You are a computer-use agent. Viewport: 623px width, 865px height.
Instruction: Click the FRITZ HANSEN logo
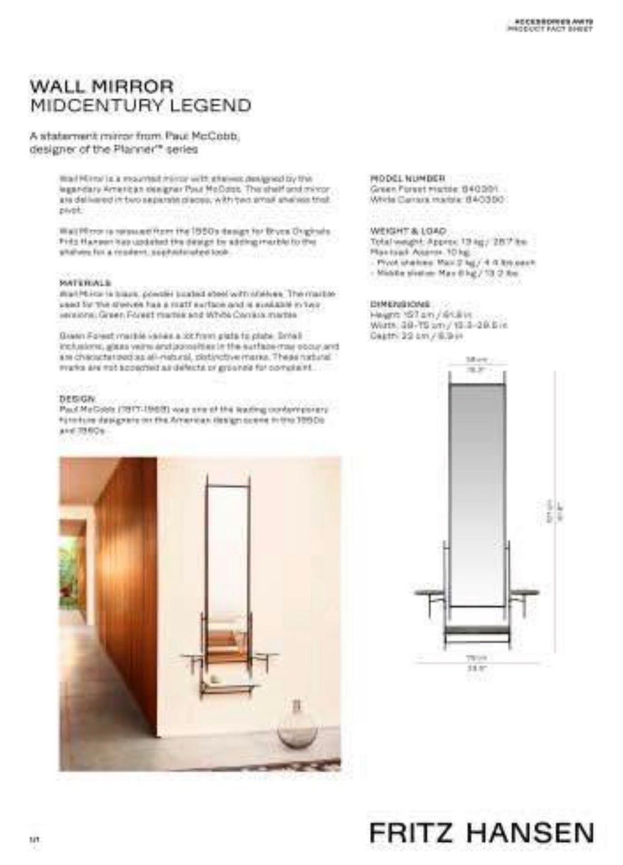pyautogui.click(x=481, y=833)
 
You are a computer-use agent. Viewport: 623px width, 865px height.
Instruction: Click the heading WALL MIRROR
pyautogui.click(x=102, y=86)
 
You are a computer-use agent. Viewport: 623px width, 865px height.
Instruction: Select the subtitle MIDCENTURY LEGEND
pyautogui.click(x=140, y=105)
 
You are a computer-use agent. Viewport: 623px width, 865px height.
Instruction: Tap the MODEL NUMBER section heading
pyautogui.click(x=408, y=178)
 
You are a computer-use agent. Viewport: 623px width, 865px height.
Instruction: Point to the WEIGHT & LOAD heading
pyautogui.click(x=408, y=231)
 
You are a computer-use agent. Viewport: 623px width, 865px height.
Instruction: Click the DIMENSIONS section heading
pyautogui.click(x=400, y=304)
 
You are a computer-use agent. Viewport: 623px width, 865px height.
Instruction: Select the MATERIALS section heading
pyautogui.click(x=85, y=283)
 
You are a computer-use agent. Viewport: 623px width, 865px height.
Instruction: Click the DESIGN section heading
pyautogui.click(x=77, y=398)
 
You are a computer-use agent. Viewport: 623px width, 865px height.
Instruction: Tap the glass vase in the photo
pyautogui.click(x=297, y=726)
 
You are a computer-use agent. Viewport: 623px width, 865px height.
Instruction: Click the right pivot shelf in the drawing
pyautogui.click(x=525, y=592)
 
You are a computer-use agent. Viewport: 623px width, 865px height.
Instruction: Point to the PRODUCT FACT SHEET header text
pyautogui.click(x=550, y=30)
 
